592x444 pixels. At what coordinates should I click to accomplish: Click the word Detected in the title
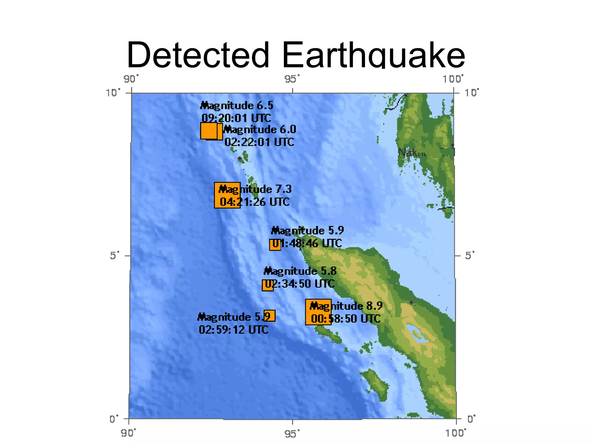[x=198, y=55]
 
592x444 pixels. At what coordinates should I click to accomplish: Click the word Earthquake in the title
[x=373, y=55]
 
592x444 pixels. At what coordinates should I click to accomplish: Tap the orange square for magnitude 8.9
[x=318, y=312]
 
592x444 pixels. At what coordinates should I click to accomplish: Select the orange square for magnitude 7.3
[x=227, y=195]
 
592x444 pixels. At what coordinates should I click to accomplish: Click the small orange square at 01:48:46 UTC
[x=275, y=245]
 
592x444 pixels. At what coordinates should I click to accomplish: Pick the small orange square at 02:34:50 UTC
[x=268, y=285]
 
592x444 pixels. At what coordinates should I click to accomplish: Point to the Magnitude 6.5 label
[x=237, y=106]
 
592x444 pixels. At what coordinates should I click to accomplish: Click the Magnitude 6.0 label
[x=260, y=129]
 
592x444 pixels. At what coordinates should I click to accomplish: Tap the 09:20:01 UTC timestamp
[x=236, y=118]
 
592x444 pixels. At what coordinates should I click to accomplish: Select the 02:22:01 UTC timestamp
[x=259, y=142]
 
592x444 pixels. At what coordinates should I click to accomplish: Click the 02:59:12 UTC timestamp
[x=234, y=330]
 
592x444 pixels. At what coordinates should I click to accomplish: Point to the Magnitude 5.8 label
[x=300, y=271]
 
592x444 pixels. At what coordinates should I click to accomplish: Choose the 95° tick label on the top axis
[x=292, y=79]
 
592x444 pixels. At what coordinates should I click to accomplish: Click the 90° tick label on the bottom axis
[x=128, y=433]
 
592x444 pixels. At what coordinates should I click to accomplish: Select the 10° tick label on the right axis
[x=471, y=92]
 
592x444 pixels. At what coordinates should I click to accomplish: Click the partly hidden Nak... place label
[x=412, y=152]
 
